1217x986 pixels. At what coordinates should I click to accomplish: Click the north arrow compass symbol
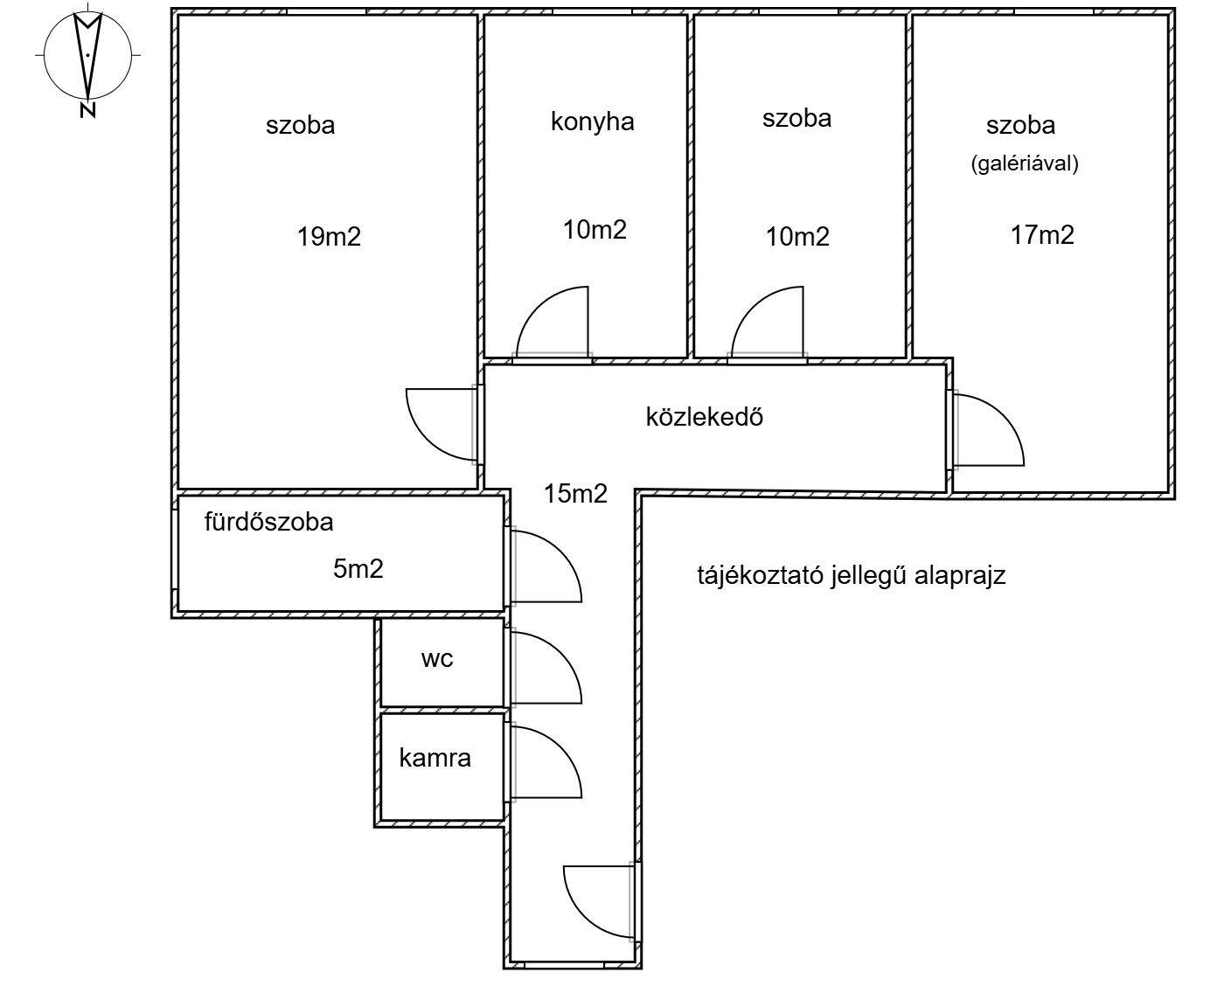pos(87,58)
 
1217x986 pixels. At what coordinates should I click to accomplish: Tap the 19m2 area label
pos(329,236)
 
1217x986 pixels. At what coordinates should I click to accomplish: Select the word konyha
pos(592,122)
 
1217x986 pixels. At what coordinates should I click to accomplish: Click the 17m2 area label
pos(1042,234)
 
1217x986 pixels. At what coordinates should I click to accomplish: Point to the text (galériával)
pos(1025,163)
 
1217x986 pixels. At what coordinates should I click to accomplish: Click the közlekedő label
pos(704,416)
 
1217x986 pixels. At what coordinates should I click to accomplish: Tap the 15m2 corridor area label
pos(575,494)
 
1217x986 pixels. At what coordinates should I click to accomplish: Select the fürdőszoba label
pos(268,522)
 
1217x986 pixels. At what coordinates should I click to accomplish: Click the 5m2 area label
pos(358,569)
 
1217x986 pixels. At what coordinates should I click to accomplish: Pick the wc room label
pos(437,658)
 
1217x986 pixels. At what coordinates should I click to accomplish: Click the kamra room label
pos(435,758)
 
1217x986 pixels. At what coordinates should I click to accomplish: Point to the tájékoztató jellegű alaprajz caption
pos(851,575)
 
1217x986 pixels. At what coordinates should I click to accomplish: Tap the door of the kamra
pos(544,763)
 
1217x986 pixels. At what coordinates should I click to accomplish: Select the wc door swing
pos(544,667)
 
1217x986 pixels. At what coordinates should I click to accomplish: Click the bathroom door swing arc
pos(544,566)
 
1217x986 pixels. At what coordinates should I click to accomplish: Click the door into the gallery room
pos(988,429)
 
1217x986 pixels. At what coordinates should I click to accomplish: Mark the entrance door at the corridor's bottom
pos(599,900)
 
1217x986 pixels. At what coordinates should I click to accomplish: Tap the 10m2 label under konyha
pos(595,230)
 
